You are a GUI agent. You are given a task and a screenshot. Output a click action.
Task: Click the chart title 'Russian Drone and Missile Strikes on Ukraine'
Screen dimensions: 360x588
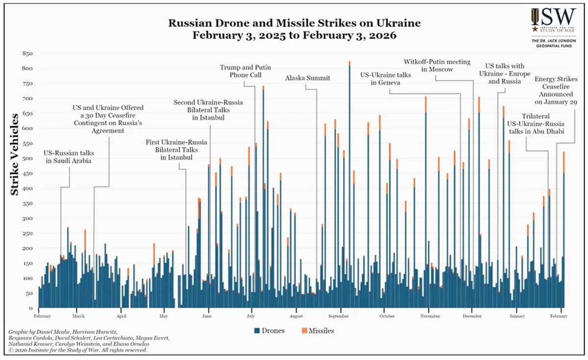coord(294,24)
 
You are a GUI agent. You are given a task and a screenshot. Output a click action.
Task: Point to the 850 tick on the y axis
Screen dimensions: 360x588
coord(27,53)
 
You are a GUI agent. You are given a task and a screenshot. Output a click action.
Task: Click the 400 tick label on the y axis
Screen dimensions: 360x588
coord(27,189)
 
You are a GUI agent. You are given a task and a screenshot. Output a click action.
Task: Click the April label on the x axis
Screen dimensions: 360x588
coord(122,316)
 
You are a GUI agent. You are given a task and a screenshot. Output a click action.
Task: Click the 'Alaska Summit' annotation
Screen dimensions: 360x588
coord(308,78)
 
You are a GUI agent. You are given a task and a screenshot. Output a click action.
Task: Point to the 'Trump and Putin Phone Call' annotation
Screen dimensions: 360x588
coord(245,71)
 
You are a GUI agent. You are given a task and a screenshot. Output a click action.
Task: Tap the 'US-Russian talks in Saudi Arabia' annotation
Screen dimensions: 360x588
coord(69,156)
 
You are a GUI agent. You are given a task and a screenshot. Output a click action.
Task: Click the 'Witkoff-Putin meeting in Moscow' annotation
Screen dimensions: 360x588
coord(437,66)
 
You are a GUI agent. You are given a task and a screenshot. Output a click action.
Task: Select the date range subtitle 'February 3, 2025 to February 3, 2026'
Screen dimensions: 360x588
coord(294,36)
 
